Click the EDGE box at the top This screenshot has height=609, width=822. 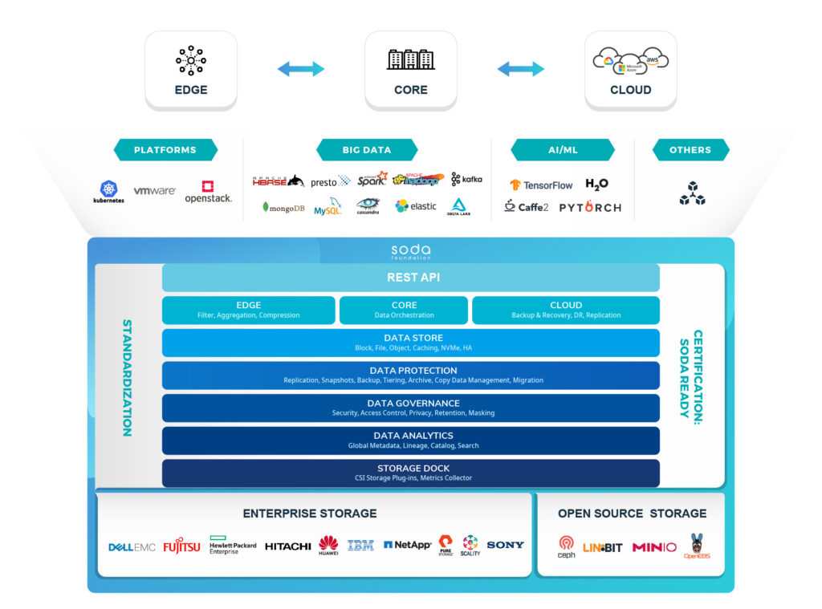click(x=191, y=70)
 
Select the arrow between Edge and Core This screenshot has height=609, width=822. click(x=301, y=69)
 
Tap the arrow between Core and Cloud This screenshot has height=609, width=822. click(x=521, y=69)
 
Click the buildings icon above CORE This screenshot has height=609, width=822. click(x=411, y=59)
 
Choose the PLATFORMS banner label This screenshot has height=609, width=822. click(x=165, y=150)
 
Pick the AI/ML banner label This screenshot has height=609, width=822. click(x=562, y=150)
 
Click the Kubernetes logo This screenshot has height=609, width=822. click(x=109, y=193)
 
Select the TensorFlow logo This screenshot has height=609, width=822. click(x=541, y=185)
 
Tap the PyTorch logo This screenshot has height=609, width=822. click(x=590, y=207)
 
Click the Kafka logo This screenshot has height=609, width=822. click(x=466, y=179)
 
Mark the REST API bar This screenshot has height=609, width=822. click(x=411, y=278)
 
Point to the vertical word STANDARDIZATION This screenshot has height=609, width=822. click(x=127, y=378)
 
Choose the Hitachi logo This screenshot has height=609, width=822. click(x=287, y=546)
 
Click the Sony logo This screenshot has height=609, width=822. click(x=505, y=545)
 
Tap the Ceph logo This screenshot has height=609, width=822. click(x=567, y=546)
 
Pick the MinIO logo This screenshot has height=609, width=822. click(x=654, y=547)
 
